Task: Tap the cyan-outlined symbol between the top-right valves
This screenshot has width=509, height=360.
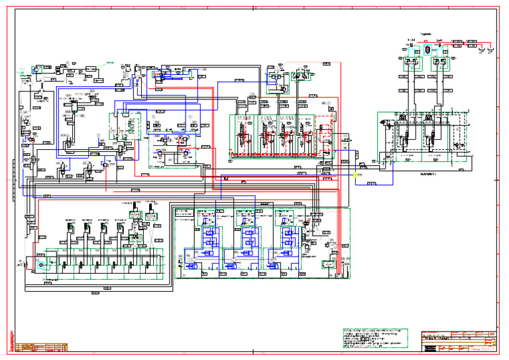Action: pos(428,50)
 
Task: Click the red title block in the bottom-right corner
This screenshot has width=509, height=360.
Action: pos(459,341)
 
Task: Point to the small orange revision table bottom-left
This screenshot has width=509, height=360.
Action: pos(41,346)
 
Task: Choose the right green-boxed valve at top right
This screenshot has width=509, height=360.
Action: pos(442,64)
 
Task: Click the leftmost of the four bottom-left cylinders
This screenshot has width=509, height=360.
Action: pos(69,229)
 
